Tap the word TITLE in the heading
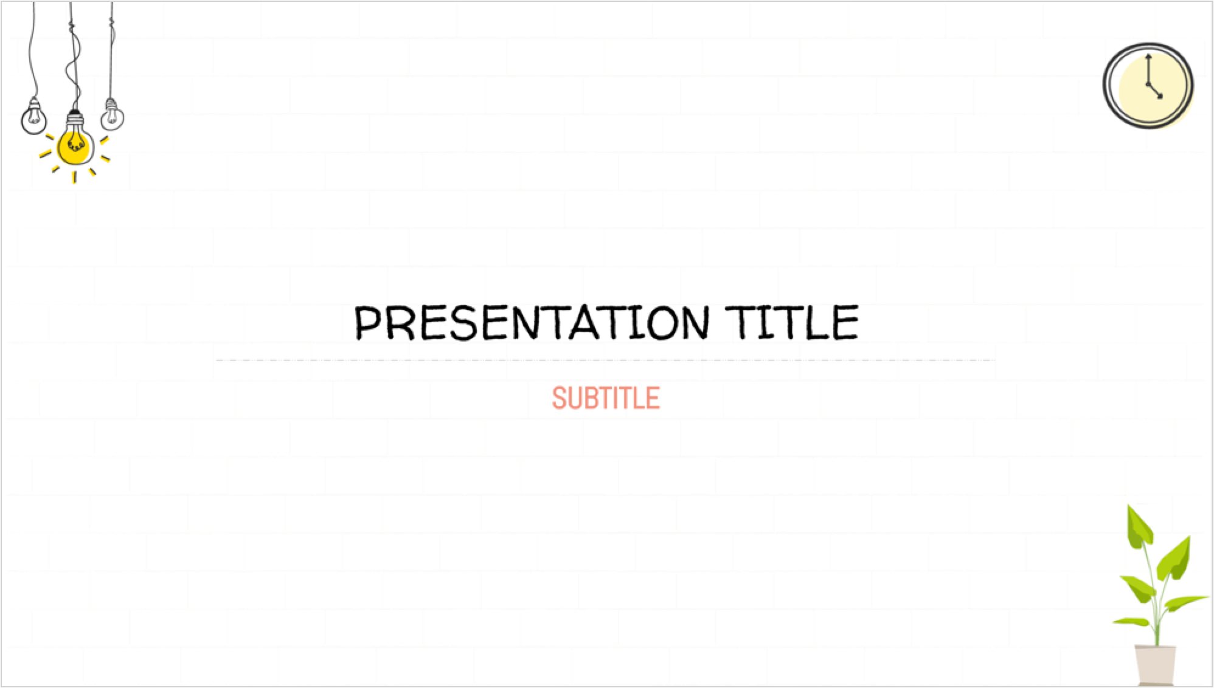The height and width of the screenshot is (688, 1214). point(792,322)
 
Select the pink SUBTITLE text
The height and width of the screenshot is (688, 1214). point(606,398)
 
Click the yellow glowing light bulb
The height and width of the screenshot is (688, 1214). point(75,143)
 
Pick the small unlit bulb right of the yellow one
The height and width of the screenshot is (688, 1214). point(112,114)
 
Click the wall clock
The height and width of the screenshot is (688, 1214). point(1148,85)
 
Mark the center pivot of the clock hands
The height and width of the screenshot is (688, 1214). point(1149,84)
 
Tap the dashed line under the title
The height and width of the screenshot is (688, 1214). point(606,360)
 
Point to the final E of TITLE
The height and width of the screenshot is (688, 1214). point(846,323)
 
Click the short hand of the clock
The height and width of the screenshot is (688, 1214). point(1155,90)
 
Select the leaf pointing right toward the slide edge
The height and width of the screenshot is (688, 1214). point(1186,604)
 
